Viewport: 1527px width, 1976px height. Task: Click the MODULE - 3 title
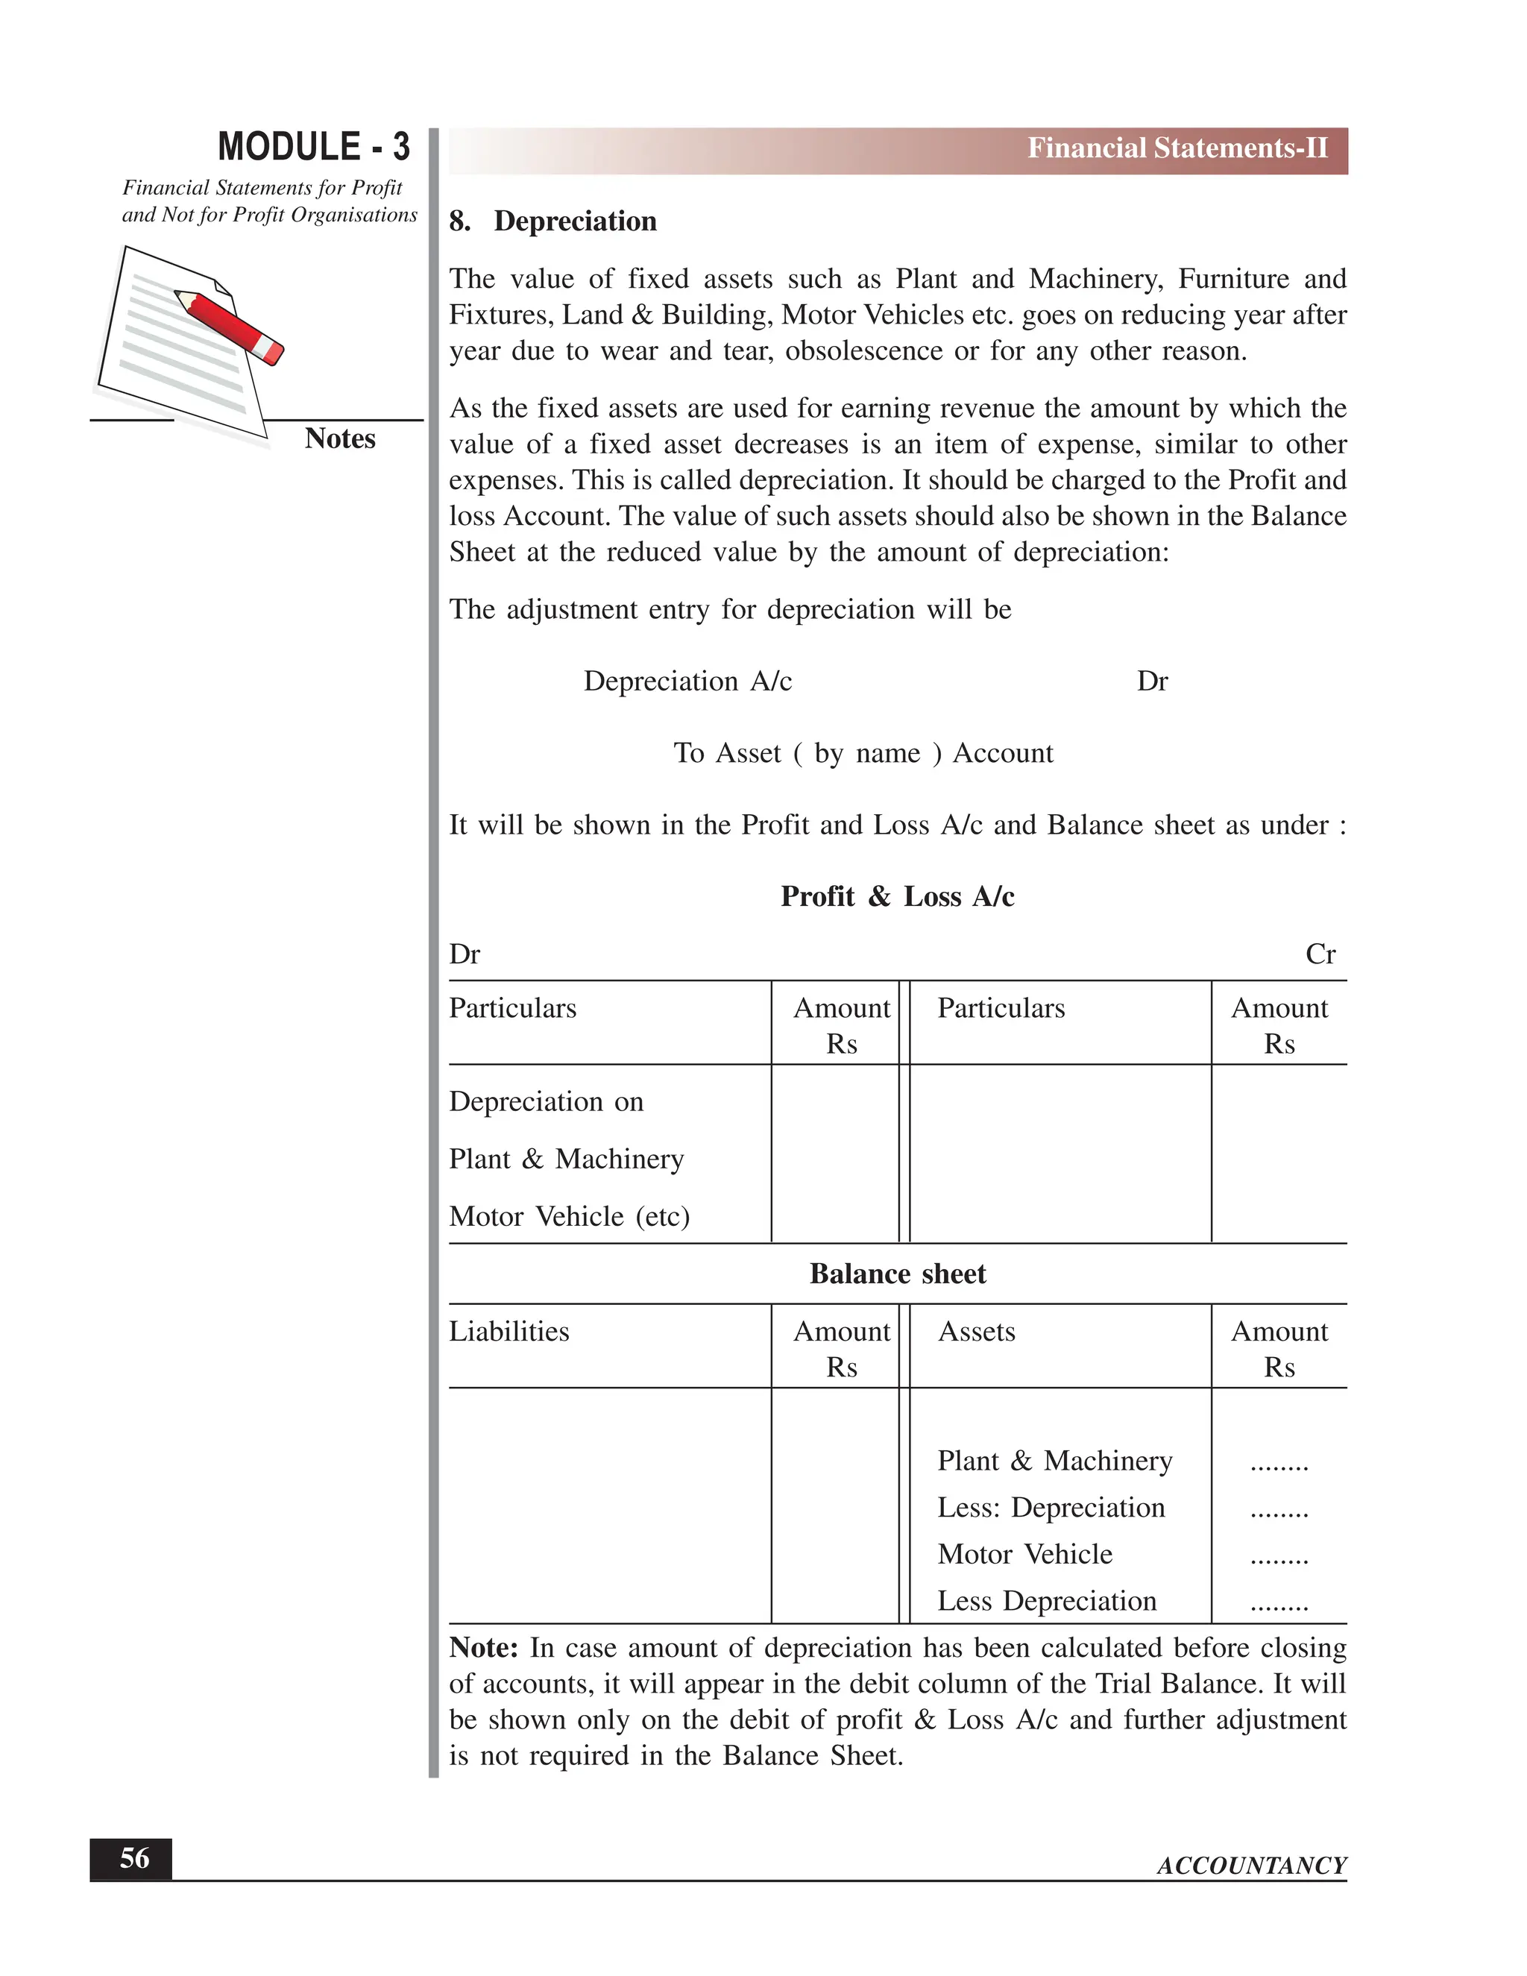(313, 147)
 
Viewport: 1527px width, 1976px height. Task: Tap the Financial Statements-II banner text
(1177, 148)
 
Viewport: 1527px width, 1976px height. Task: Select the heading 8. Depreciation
(552, 221)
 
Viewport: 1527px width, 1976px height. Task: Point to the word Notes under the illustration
(339, 438)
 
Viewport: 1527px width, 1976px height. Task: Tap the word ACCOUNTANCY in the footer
(1251, 1866)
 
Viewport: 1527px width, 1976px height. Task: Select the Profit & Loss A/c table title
(898, 896)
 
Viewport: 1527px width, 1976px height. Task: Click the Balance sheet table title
(898, 1274)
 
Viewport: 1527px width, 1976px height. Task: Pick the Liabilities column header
(509, 1332)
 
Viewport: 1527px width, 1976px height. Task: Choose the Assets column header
(976, 1332)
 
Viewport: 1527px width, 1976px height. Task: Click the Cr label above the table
(1320, 954)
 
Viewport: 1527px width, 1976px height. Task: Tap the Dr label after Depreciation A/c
(1151, 682)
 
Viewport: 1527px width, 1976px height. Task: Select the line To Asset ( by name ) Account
(863, 754)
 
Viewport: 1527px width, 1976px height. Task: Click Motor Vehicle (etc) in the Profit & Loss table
(569, 1217)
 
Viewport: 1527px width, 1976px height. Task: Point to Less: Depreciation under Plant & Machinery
(1051, 1508)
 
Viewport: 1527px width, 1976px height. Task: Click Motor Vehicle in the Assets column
(1025, 1555)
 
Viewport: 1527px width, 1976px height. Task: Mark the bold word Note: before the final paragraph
(483, 1648)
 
